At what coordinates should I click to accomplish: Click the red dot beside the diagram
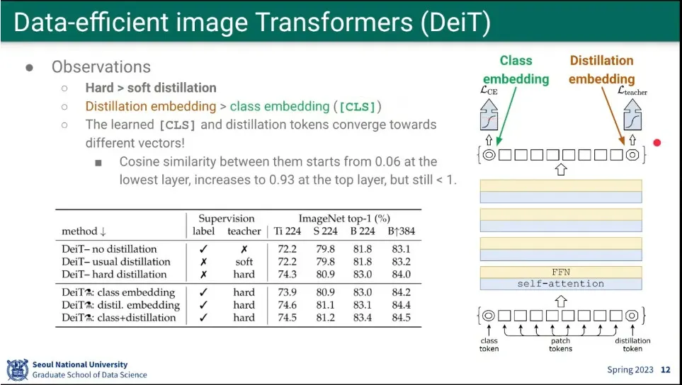point(657,142)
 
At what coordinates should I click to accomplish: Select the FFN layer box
point(561,272)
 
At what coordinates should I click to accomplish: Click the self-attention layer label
point(561,284)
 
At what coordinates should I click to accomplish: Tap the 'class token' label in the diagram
point(489,345)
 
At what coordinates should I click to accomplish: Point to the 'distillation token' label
point(632,345)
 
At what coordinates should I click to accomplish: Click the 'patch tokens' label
point(561,345)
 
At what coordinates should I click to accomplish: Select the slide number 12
point(666,370)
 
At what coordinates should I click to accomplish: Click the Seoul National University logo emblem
point(18,370)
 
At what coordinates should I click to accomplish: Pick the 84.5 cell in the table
point(401,318)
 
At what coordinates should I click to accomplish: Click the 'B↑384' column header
point(401,231)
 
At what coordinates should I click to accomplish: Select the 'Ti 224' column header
point(287,231)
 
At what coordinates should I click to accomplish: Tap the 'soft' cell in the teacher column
point(244,262)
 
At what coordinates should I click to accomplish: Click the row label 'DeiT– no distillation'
point(109,249)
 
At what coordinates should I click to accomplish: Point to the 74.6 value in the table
point(287,305)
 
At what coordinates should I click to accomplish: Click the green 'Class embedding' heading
point(516,69)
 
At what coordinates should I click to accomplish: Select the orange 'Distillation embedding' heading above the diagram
point(601,69)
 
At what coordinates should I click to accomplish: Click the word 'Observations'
point(101,67)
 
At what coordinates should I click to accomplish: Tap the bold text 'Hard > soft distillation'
point(151,88)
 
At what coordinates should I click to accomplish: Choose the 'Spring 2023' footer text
point(630,370)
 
